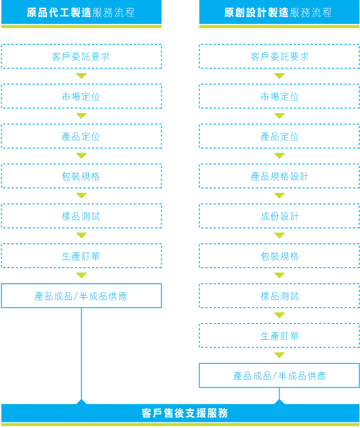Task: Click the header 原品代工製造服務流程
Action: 81,12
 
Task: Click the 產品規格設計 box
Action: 279,176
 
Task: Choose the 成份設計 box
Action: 279,216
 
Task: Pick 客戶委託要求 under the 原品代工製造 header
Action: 81,57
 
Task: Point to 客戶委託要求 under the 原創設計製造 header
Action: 279,57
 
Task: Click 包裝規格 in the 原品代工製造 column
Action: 81,176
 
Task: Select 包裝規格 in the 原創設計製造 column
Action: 279,256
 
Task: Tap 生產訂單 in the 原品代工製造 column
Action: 81,256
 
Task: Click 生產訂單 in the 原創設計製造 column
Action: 279,336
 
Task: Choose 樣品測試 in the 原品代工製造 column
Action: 81,216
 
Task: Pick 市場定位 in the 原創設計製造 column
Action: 279,96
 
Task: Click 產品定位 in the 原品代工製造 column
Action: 81,136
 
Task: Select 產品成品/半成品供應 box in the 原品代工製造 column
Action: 81,296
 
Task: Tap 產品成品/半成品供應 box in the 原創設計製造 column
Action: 279,376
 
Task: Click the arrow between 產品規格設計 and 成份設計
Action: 279,196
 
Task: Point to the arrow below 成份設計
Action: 279,235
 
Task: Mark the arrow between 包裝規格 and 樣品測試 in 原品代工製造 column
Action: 81,196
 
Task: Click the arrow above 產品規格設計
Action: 279,156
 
